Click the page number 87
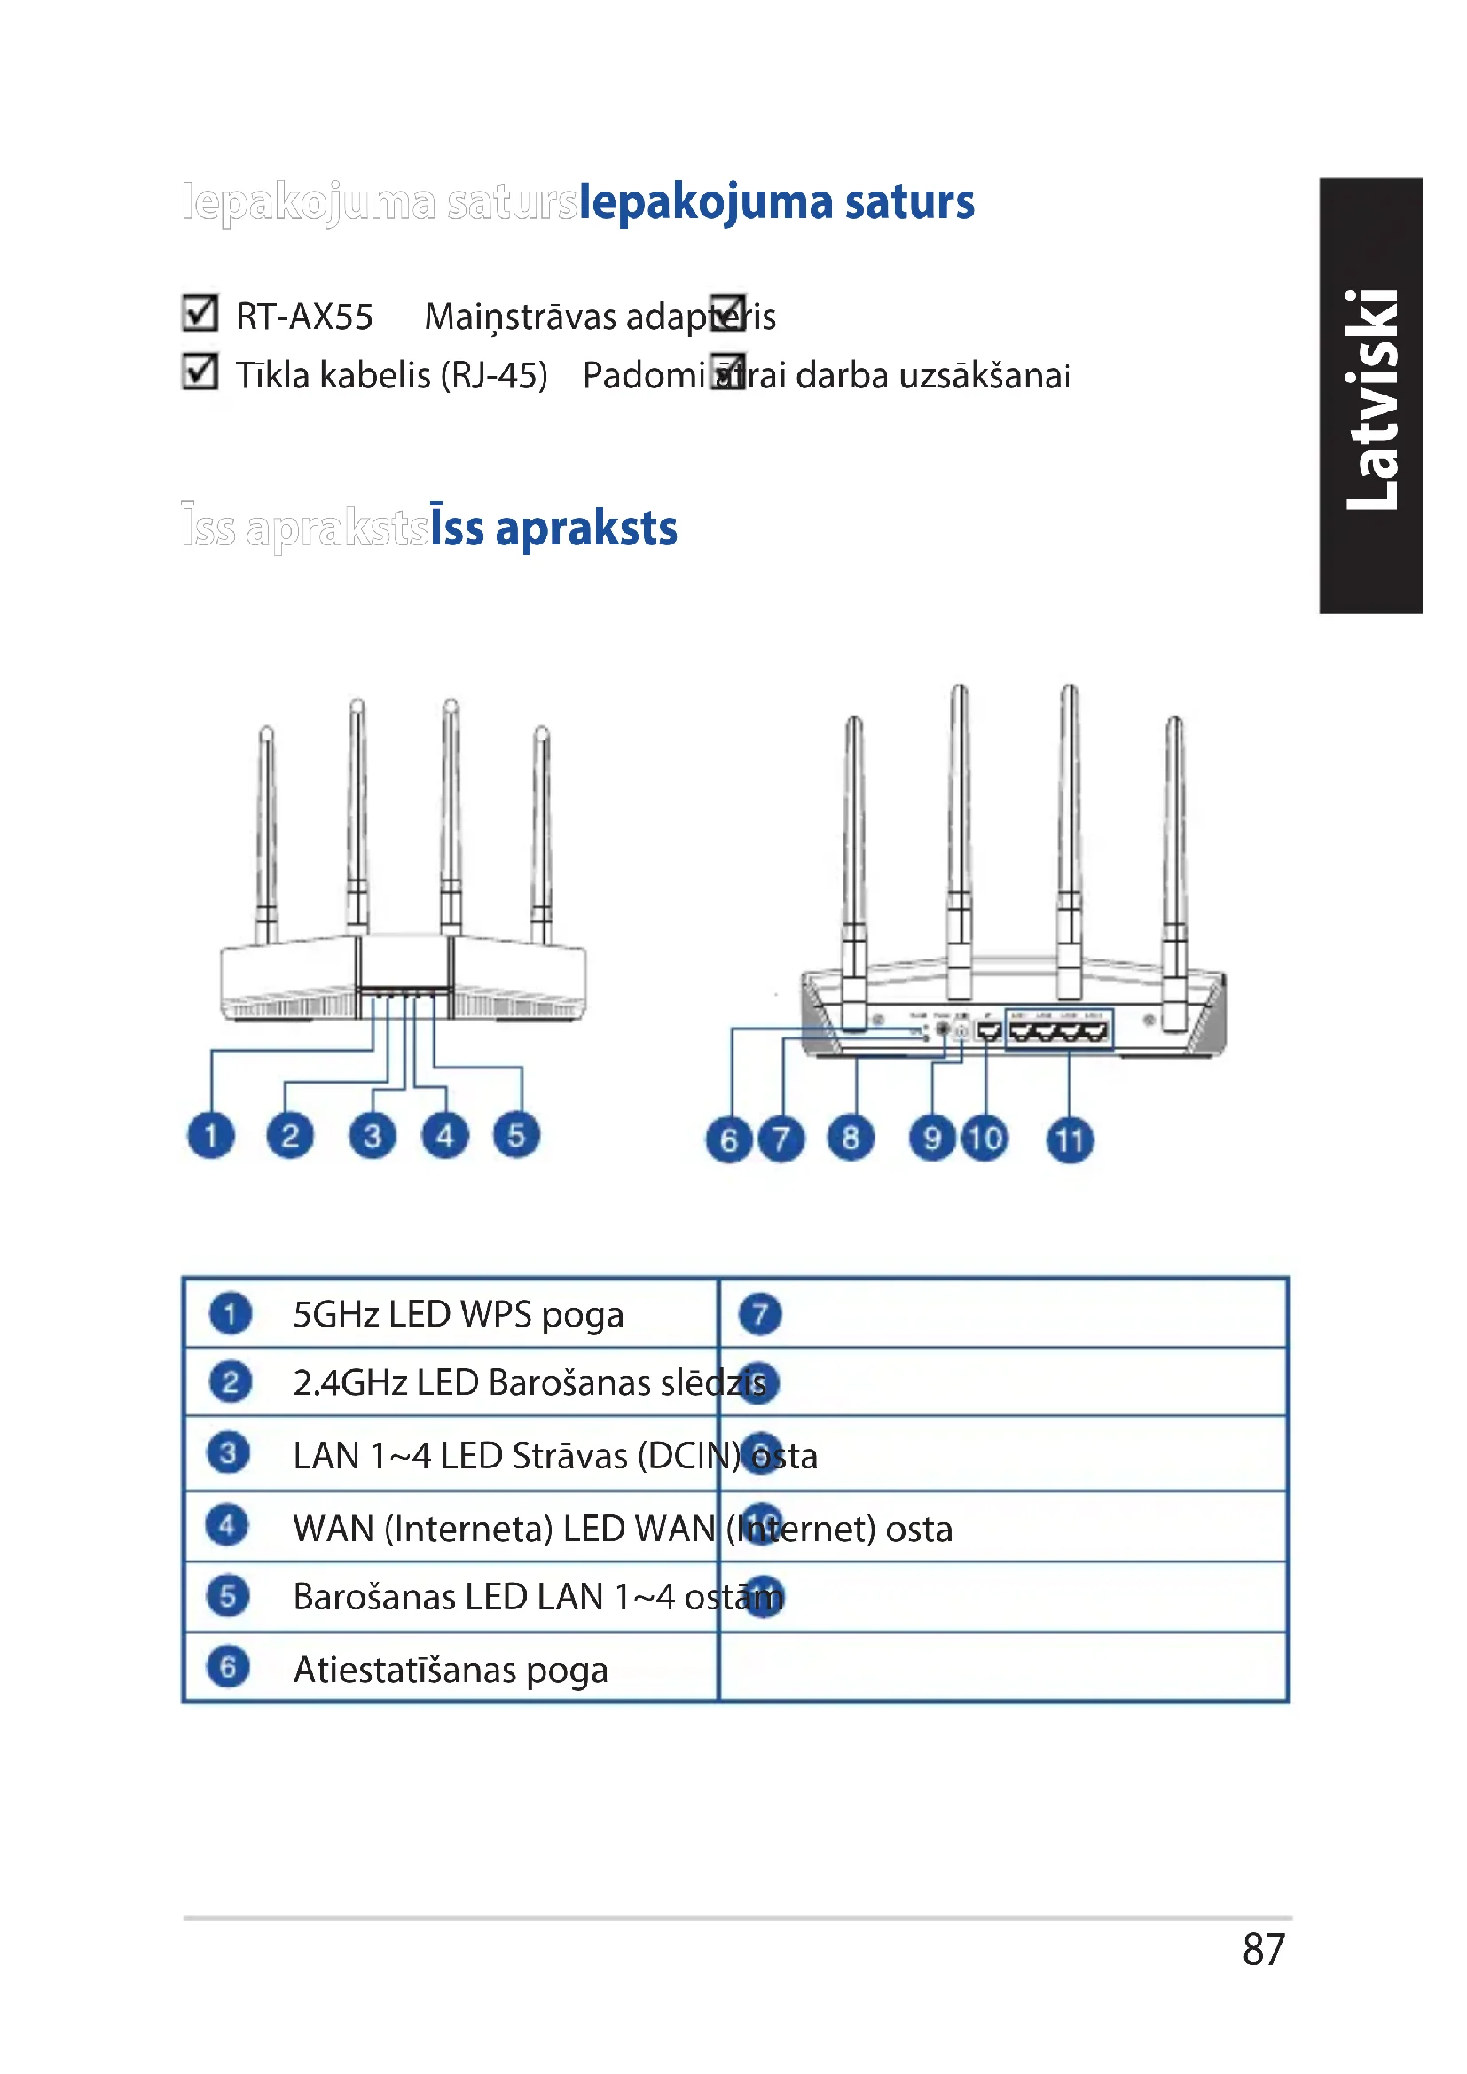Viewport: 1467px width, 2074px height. tap(1263, 1949)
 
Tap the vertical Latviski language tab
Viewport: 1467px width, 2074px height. tap(1371, 396)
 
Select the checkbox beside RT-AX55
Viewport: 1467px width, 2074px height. tap(200, 313)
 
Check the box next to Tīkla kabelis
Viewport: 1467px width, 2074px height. tap(200, 372)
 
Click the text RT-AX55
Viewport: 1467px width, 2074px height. tap(304, 317)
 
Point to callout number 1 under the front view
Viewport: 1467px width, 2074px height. tap(211, 1136)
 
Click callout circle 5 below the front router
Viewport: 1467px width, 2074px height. tap(516, 1136)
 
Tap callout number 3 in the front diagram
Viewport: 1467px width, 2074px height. tap(373, 1136)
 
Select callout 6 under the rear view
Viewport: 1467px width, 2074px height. tap(729, 1140)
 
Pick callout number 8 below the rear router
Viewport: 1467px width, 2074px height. tap(850, 1139)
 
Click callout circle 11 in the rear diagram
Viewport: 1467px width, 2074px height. tap(1070, 1140)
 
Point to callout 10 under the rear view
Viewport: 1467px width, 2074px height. tap(985, 1139)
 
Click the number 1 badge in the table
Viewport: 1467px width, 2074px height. tap(231, 1314)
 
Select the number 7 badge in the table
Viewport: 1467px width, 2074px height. tap(760, 1314)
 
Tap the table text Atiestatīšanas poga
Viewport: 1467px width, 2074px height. tap(450, 1670)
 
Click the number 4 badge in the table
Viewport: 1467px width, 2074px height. tap(228, 1526)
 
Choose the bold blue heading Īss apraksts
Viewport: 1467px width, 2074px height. tap(553, 528)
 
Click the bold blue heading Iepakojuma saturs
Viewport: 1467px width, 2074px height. tap(776, 202)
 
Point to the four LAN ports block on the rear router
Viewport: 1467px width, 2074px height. tap(1059, 1029)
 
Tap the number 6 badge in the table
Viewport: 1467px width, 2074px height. tap(228, 1667)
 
